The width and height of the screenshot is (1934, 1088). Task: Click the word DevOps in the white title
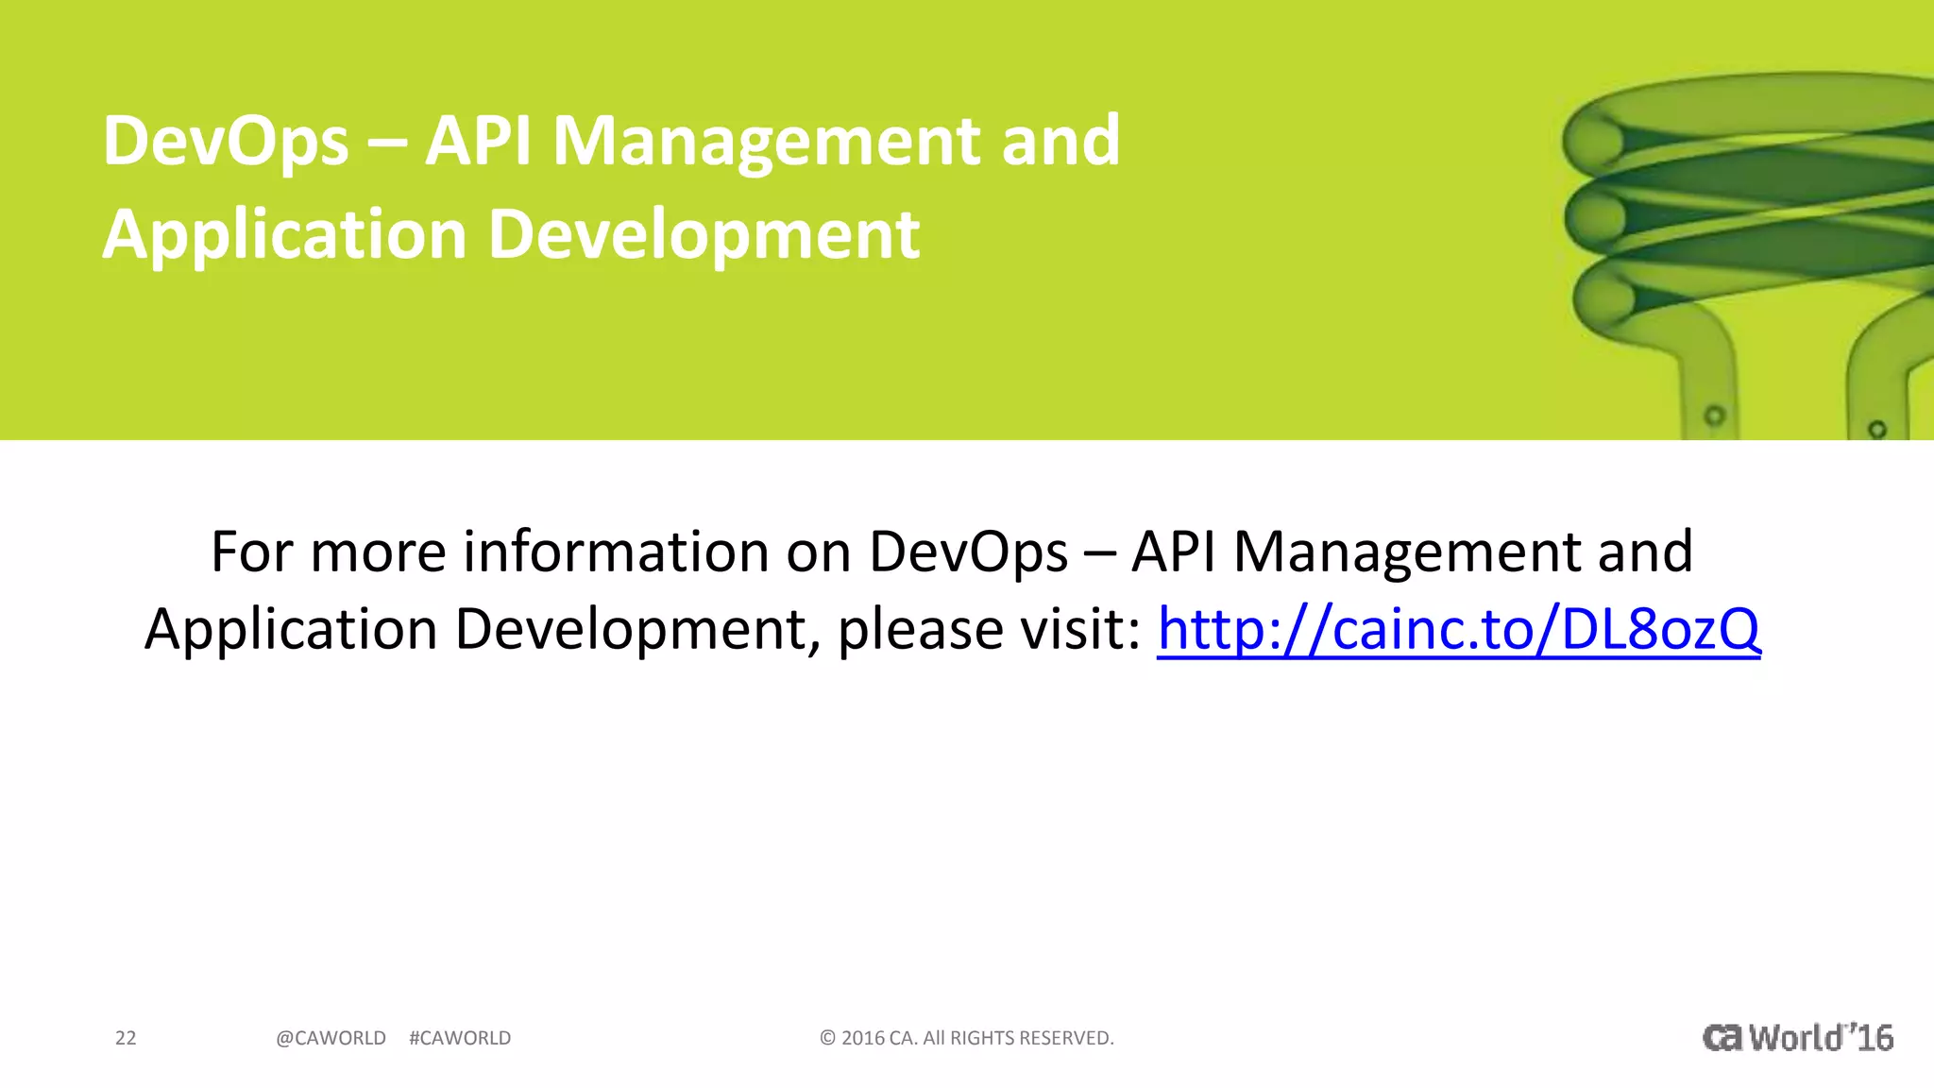(x=226, y=142)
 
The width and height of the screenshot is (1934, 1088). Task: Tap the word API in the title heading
(x=478, y=142)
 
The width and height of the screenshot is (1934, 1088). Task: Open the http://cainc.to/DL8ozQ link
(x=1458, y=629)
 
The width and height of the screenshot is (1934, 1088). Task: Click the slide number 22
(x=126, y=1038)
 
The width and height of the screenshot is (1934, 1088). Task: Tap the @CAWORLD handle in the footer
(x=331, y=1038)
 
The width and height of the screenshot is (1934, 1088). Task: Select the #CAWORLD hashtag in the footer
(x=460, y=1038)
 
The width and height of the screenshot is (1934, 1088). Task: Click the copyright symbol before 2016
(x=827, y=1038)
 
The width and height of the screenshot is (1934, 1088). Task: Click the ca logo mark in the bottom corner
(x=1722, y=1038)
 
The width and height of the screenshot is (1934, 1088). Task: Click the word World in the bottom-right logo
(x=1795, y=1038)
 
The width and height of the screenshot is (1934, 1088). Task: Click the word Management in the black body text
(x=1407, y=552)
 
